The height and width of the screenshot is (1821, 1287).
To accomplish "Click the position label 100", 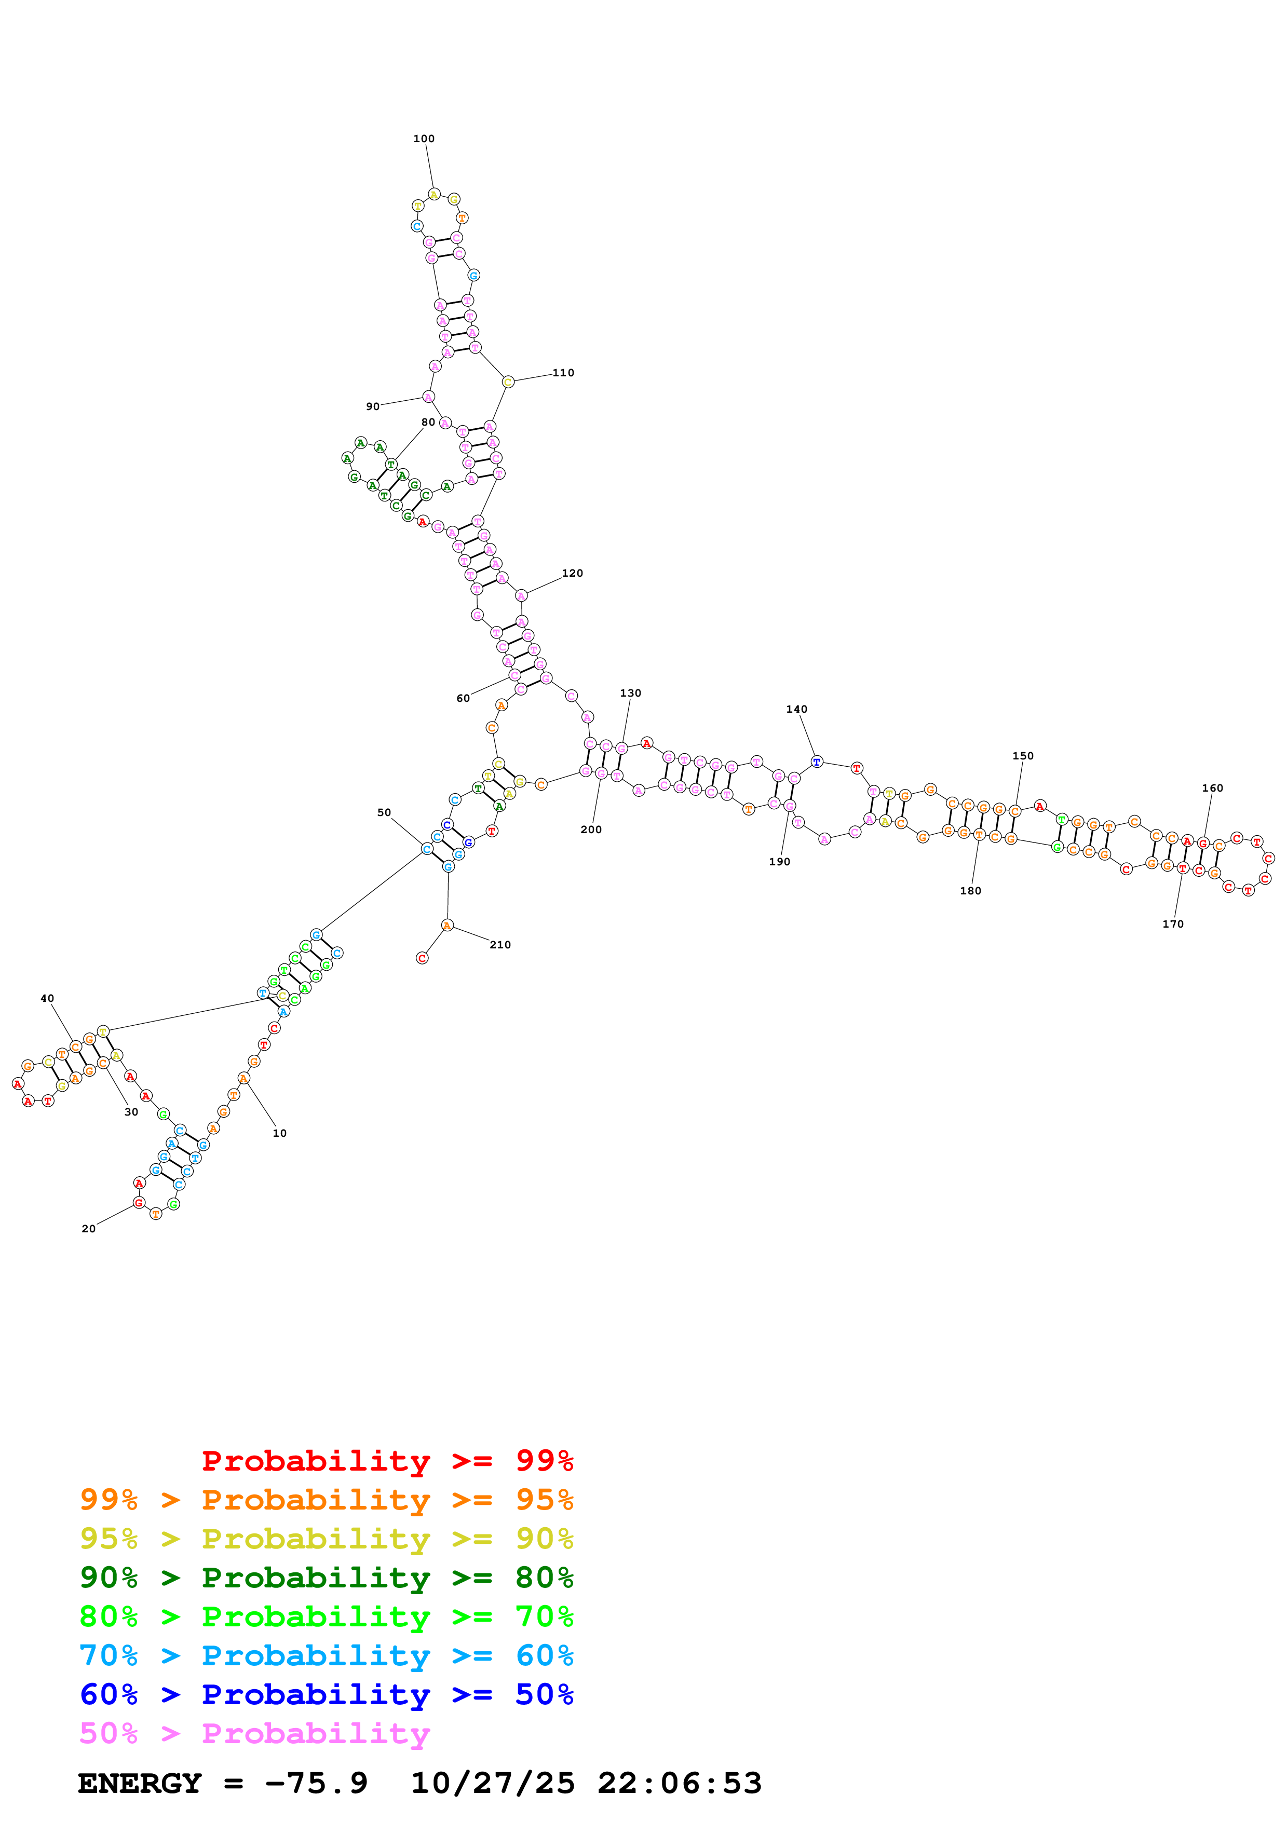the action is [424, 139].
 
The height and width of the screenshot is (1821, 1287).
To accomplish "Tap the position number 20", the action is [88, 1229].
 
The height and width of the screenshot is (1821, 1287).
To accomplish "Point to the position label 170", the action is [1172, 924].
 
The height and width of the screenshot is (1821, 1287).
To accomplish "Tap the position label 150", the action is [1022, 756].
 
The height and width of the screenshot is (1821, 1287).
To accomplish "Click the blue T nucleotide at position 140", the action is [816, 762].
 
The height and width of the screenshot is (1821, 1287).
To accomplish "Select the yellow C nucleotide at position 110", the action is [508, 382].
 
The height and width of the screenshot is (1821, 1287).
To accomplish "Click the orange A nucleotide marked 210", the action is [447, 926].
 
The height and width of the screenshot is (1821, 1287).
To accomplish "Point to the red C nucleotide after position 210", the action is [422, 958].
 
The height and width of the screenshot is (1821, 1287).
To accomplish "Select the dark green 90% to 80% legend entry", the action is [326, 1578].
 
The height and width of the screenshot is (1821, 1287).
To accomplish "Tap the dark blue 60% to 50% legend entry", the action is [326, 1694].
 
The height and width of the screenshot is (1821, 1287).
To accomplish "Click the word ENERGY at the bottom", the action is [140, 1784].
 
